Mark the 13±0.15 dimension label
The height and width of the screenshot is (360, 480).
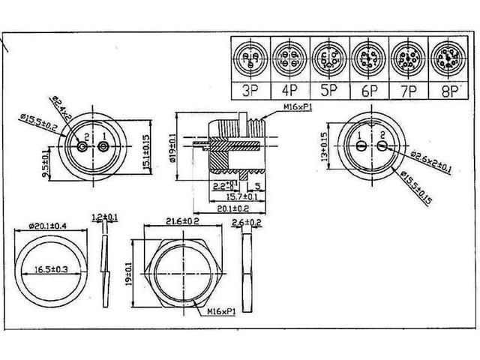pyautogui.click(x=325, y=148)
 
